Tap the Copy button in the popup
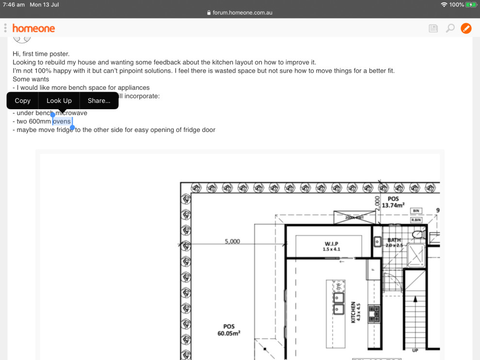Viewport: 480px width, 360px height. tap(22, 100)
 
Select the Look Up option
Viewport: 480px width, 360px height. tap(59, 100)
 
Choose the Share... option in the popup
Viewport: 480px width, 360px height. tap(99, 100)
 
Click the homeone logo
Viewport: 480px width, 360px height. tap(33, 28)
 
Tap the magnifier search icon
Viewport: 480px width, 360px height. tap(450, 28)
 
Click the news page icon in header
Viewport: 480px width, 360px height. tap(433, 28)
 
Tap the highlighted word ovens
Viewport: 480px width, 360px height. tap(62, 121)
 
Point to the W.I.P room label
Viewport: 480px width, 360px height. tap(331, 245)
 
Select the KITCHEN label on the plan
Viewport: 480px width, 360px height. tap(353, 312)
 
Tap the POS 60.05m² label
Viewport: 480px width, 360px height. tap(229, 330)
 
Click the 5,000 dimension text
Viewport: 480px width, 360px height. tap(232, 241)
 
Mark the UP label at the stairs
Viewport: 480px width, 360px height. tap(415, 350)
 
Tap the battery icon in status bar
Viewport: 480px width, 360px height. tap(471, 4)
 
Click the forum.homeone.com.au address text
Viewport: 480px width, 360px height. tap(242, 13)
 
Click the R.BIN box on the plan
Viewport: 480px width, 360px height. tap(416, 220)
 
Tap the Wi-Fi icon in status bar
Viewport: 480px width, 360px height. tap(444, 4)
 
